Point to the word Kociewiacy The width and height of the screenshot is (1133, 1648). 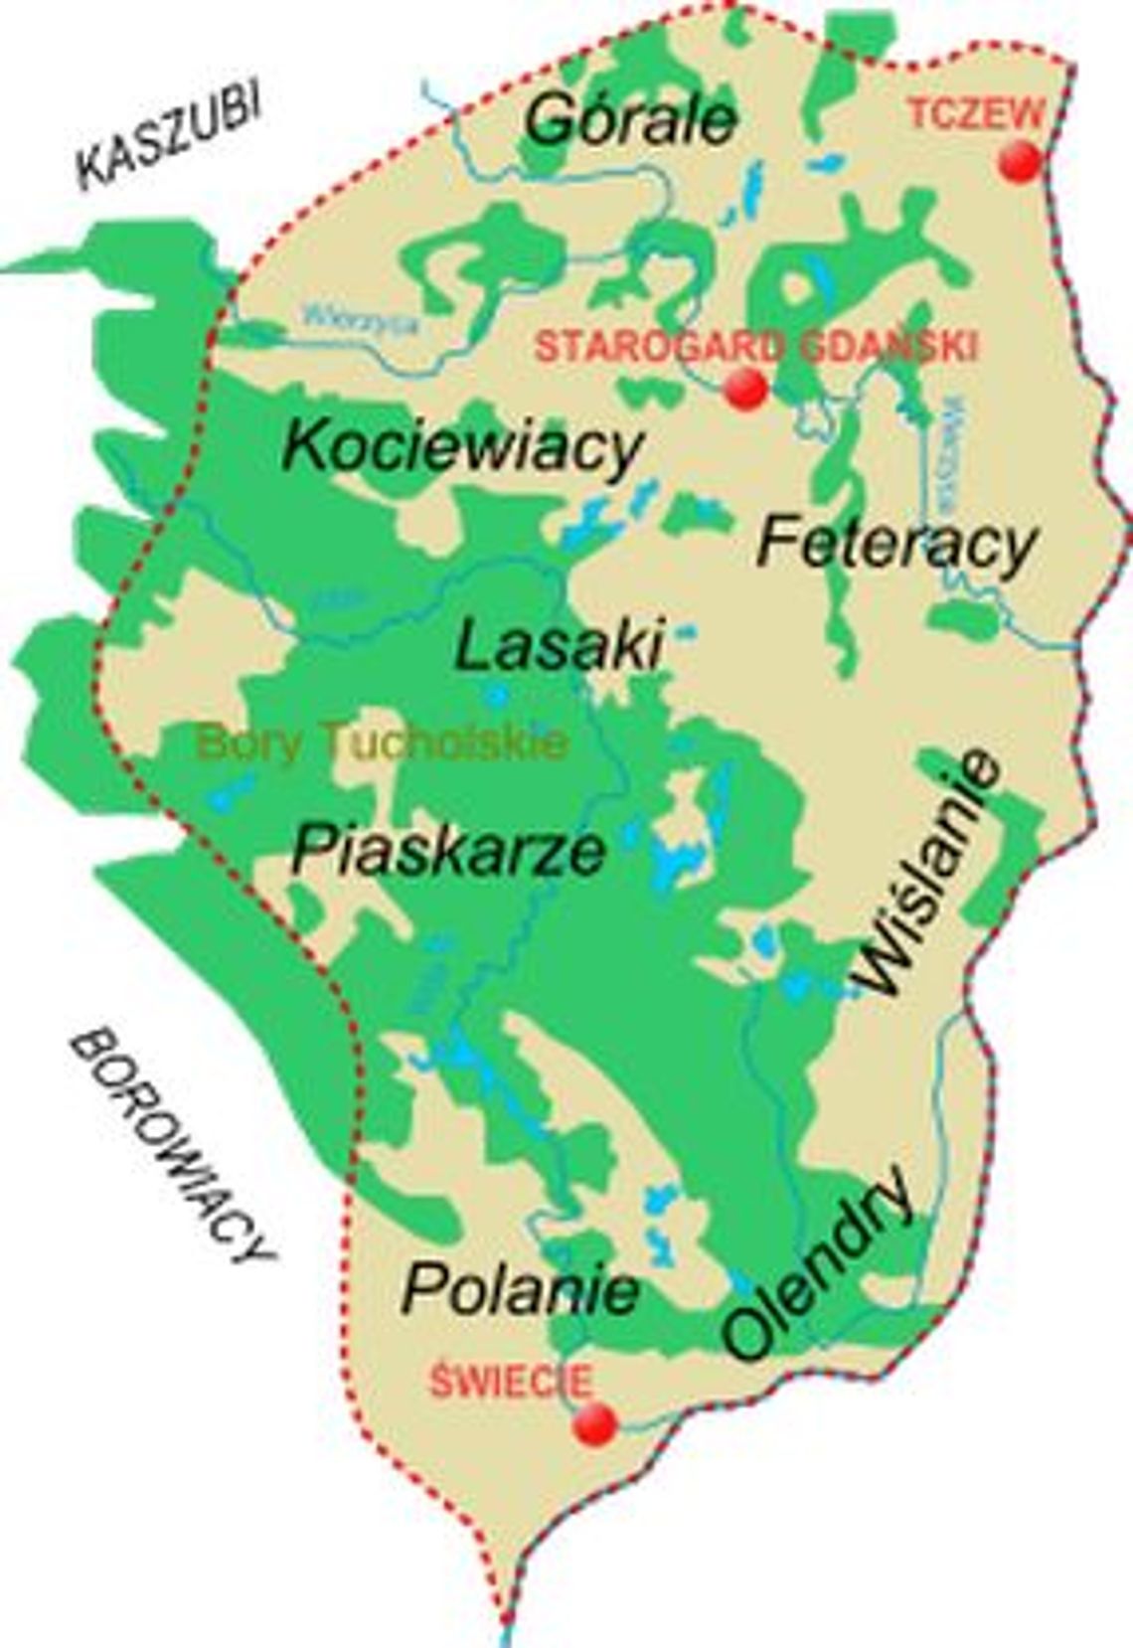point(463,448)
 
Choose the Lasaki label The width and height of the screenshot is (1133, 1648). point(559,647)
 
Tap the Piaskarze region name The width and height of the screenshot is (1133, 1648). point(448,850)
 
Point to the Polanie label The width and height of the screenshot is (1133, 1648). point(520,1289)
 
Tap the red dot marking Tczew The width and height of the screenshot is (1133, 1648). point(1020,161)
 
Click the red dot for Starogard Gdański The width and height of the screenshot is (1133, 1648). point(745,389)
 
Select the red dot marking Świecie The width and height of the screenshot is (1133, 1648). point(595,1424)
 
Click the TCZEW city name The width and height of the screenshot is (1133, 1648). point(975,115)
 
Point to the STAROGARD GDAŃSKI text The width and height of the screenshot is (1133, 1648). point(756,347)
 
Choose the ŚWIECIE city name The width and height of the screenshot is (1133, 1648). point(511,1382)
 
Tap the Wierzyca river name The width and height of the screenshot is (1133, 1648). point(362,320)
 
